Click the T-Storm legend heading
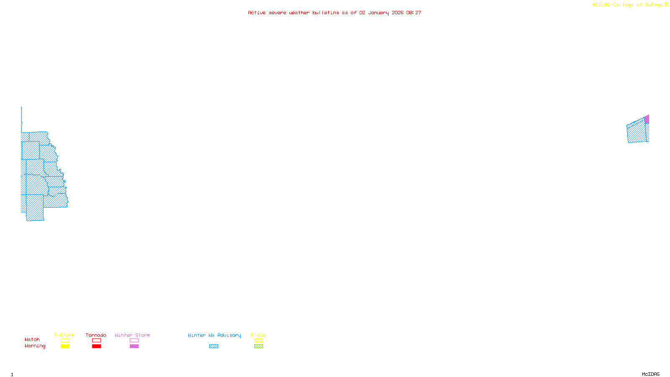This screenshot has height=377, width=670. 64,335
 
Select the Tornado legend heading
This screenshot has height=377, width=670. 96,335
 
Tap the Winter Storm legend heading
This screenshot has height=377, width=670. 132,335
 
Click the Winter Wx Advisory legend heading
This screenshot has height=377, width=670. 214,335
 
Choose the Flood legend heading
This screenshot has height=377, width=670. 258,335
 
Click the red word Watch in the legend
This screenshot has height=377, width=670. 32,339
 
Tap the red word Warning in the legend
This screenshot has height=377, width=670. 35,346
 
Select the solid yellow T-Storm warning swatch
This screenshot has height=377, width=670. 65,346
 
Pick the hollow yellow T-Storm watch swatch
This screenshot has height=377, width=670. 65,341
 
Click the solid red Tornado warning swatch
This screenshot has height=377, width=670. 97,346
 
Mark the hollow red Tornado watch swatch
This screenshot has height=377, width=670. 97,341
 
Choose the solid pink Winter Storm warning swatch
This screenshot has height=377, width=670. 134,346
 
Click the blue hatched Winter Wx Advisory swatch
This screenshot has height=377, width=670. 214,346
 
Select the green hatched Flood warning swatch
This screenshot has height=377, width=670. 259,346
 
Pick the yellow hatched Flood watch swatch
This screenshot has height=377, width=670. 259,341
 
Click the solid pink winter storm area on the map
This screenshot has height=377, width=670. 647,119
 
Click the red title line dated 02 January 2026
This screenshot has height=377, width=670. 335,13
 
